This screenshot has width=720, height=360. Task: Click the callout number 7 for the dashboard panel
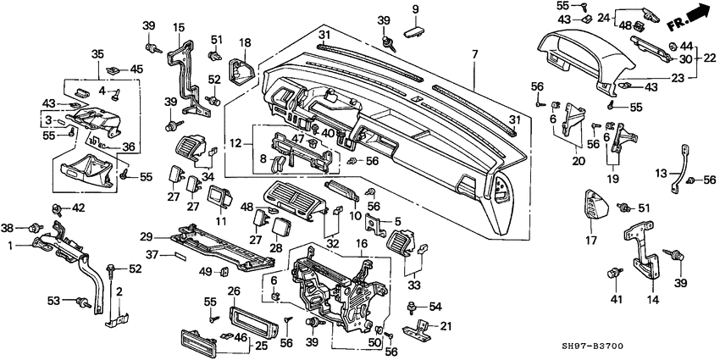(x=474, y=54)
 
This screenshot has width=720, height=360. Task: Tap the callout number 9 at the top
(x=415, y=9)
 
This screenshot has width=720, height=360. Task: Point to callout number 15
(x=179, y=28)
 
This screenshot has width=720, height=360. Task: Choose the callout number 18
(x=245, y=42)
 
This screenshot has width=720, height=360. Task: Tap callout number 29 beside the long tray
(x=145, y=236)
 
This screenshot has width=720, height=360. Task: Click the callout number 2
(x=119, y=292)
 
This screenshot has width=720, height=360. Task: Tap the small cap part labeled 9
(x=414, y=30)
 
